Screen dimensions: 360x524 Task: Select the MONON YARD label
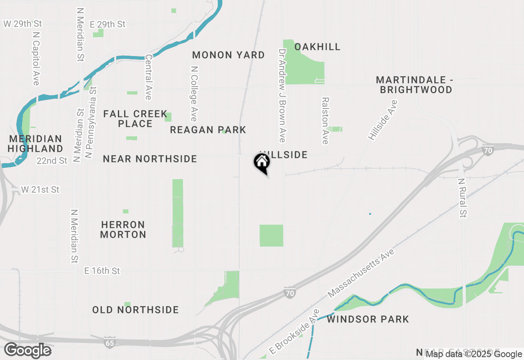coord(228,55)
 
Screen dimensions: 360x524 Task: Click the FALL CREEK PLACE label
coord(135,119)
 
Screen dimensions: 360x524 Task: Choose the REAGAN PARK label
coord(208,130)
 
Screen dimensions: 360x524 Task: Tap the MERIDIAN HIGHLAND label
coord(35,144)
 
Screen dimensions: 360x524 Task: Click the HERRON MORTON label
coord(123,229)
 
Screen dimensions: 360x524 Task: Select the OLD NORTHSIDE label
coord(136,310)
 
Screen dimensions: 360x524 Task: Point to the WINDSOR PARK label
coord(368,319)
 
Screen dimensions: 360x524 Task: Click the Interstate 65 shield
coord(110,342)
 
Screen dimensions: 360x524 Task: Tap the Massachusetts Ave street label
coord(361,273)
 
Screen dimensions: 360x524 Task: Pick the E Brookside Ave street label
coord(294,332)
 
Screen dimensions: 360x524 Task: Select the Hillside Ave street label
coord(383,120)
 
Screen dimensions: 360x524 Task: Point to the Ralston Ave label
coord(325,121)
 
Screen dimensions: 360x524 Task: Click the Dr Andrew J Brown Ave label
coord(282,96)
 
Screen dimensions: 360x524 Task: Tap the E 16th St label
coord(102,271)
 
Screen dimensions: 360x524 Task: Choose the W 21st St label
coord(40,190)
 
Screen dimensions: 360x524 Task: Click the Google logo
coord(27,350)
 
